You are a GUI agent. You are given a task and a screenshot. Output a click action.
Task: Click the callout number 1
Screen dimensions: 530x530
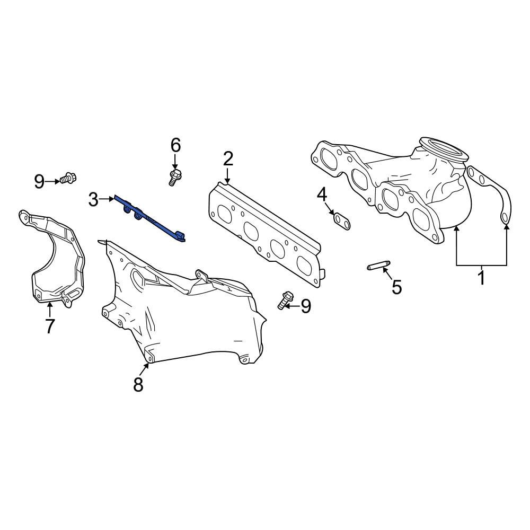pyautogui.click(x=481, y=277)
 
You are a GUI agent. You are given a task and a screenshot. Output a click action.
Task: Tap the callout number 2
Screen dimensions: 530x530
pyautogui.click(x=228, y=158)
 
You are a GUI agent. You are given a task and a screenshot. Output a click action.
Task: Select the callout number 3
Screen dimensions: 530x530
pyautogui.click(x=93, y=200)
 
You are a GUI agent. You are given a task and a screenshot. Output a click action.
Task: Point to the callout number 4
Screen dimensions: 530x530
pyautogui.click(x=322, y=195)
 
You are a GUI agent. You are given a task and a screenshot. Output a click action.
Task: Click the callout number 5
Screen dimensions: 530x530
pyautogui.click(x=396, y=287)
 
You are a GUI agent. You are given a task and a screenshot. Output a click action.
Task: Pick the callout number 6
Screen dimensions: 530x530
pyautogui.click(x=175, y=145)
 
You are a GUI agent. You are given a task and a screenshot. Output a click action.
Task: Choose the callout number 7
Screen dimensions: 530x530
pyautogui.click(x=50, y=326)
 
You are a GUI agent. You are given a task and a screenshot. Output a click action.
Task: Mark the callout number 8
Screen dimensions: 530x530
pyautogui.click(x=138, y=384)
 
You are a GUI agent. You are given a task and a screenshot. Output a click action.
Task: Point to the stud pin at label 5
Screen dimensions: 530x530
pyautogui.click(x=378, y=266)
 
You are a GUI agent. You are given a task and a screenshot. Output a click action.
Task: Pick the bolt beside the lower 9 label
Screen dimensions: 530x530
pyautogui.click(x=285, y=300)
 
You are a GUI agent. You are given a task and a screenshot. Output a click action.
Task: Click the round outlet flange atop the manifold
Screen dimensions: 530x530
pyautogui.click(x=443, y=150)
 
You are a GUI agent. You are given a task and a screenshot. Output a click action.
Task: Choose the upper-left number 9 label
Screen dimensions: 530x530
pyautogui.click(x=40, y=182)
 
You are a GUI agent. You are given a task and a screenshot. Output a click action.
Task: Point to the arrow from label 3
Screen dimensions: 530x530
pyautogui.click(x=107, y=199)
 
